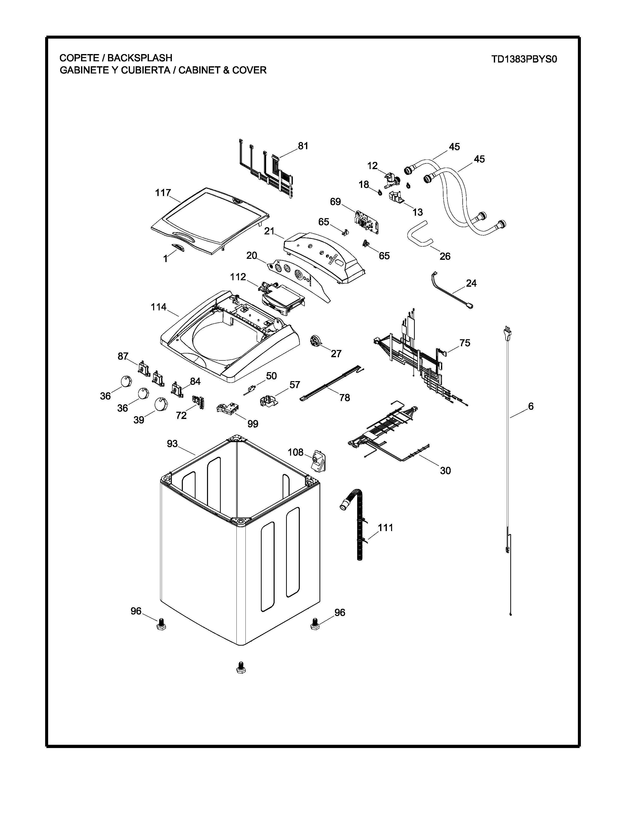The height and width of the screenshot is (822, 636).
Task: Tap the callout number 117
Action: pyautogui.click(x=163, y=193)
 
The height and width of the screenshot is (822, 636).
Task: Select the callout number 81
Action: pyautogui.click(x=303, y=146)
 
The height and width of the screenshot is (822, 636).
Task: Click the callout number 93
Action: pyautogui.click(x=172, y=444)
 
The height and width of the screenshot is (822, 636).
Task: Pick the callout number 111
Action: pyautogui.click(x=385, y=528)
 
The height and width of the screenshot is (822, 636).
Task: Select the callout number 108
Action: pyautogui.click(x=295, y=452)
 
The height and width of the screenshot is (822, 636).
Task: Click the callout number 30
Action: pyautogui.click(x=445, y=471)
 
